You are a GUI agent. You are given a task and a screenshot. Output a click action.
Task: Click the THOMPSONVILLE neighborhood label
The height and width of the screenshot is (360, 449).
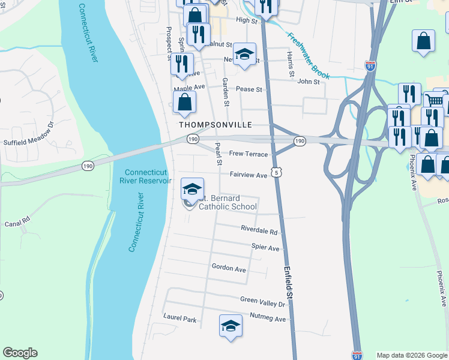pos(214,125)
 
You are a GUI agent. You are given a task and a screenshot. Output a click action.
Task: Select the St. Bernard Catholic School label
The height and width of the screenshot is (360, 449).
pos(228,202)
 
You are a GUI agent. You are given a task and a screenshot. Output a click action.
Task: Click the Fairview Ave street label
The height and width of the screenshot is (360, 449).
pos(249,175)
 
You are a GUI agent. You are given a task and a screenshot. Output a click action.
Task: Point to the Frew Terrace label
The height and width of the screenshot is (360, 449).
pos(249,154)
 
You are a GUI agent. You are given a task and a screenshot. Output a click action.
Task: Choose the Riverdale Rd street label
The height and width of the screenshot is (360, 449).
pos(259,231)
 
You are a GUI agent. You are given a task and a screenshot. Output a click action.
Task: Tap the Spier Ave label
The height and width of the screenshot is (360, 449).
pos(265,248)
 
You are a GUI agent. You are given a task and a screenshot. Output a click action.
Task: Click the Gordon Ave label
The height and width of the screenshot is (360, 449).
pos(229,269)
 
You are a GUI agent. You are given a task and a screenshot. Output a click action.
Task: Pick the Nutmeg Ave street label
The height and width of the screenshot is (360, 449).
pos(268,319)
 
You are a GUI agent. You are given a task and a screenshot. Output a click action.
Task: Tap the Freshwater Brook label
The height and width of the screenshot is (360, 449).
pos(308,56)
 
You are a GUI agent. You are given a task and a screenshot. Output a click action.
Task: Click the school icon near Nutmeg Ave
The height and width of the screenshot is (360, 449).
pos(231,325)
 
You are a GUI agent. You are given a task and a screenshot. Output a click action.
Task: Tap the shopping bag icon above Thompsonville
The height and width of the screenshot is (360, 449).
pos(185,103)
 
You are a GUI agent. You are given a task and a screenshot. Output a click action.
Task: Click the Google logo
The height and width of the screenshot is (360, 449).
pos(20,353)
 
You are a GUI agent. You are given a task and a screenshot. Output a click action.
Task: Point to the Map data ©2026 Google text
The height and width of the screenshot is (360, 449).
pos(412,355)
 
